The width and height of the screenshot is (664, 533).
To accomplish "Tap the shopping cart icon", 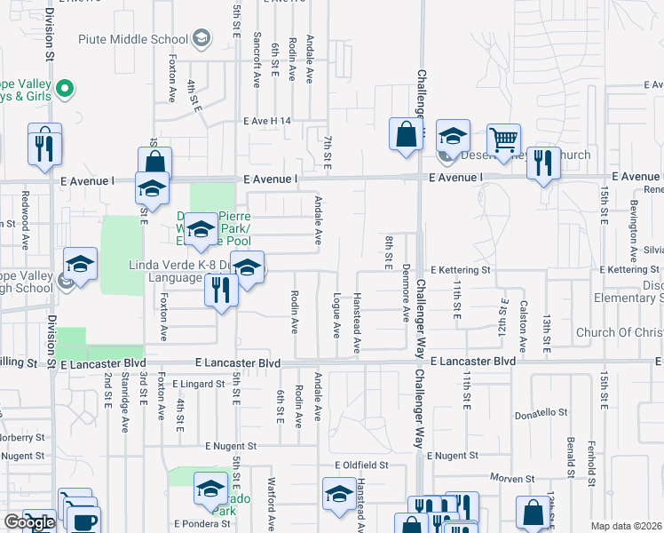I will pyautogui.click(x=503, y=139).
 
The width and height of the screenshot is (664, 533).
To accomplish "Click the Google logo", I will pyautogui.click(x=29, y=522).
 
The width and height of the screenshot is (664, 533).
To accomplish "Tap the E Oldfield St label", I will pyautogui.click(x=362, y=465).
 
